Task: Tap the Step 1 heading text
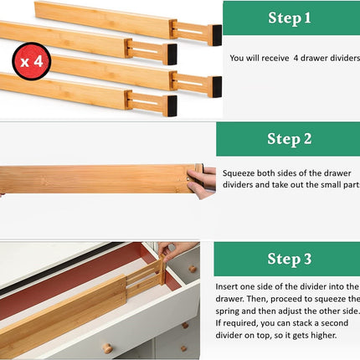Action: [289, 17]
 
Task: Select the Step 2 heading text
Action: [289, 139]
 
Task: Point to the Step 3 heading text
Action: [289, 259]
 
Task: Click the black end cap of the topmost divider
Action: [217, 34]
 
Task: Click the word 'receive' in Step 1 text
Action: [271, 59]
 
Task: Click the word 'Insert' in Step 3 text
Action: [229, 285]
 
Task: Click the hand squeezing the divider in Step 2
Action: [202, 181]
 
